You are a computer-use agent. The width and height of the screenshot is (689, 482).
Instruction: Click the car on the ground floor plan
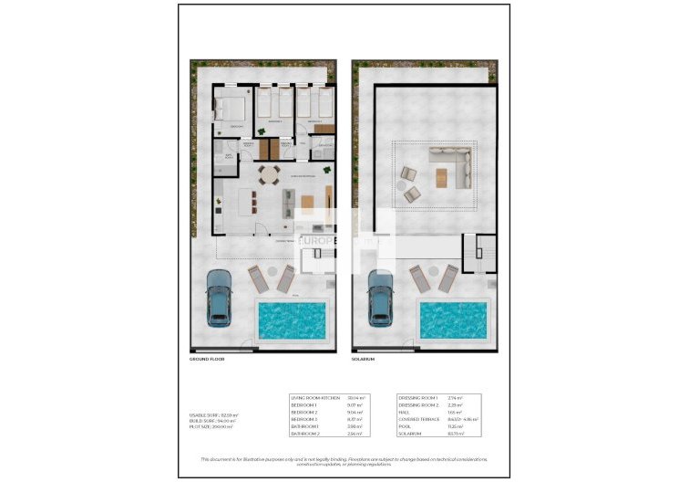click(220, 299)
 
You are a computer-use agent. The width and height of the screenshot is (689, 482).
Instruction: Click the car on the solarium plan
click(380, 299)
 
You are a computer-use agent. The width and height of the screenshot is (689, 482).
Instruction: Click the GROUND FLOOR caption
click(206, 360)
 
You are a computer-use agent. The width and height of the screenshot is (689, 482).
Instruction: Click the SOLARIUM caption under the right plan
click(364, 360)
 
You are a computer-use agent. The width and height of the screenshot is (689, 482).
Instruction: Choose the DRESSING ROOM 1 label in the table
click(418, 399)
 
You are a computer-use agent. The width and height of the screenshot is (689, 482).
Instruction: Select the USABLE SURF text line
click(212, 415)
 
